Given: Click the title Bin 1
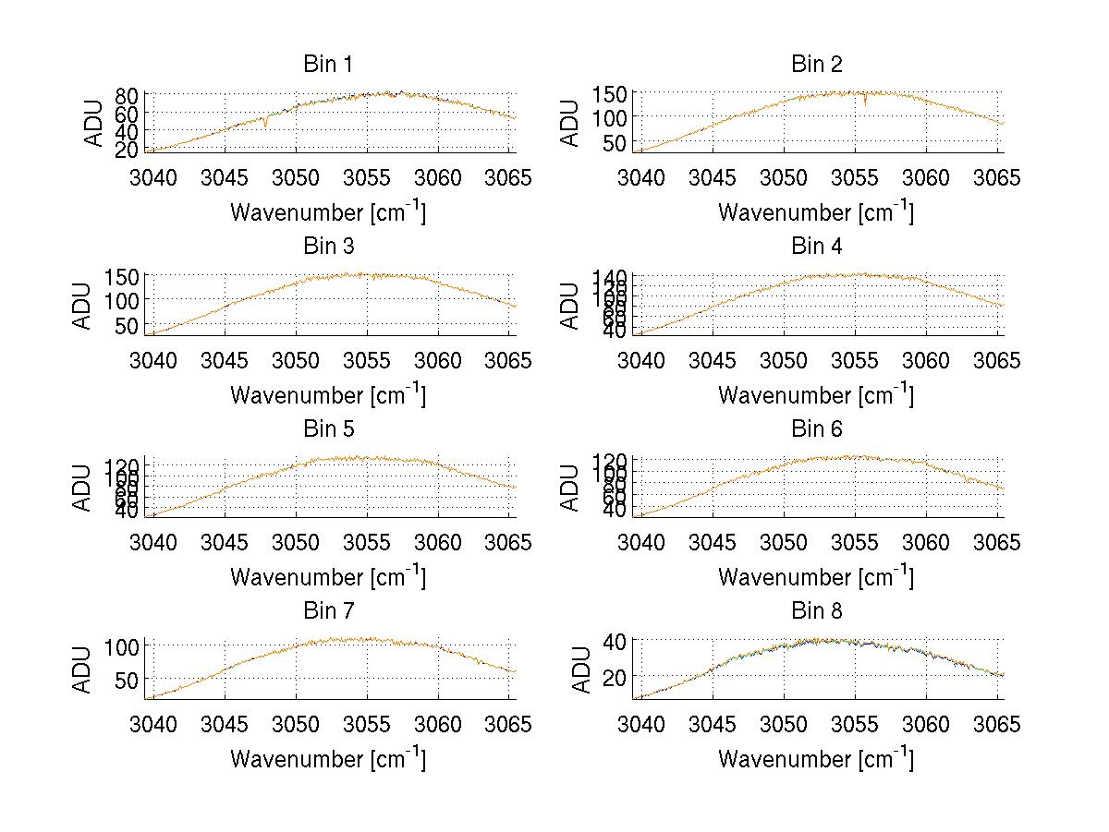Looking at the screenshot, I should [x=328, y=65].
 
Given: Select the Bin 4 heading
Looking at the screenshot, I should [x=817, y=247].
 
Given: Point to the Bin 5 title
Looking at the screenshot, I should [x=328, y=429].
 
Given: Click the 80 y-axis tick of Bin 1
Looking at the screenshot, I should [x=127, y=95].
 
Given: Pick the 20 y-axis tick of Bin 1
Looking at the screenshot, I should [x=127, y=149].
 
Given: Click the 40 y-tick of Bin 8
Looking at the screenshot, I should [x=615, y=641].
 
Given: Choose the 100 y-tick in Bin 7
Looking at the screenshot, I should [x=121, y=645].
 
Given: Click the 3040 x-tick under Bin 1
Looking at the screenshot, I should [x=153, y=177].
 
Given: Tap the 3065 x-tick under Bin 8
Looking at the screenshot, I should [x=998, y=725].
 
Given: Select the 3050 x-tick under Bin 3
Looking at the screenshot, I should [x=296, y=359].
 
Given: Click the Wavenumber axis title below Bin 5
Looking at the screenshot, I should [x=328, y=577].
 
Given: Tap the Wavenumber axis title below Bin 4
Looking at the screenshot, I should [x=817, y=395].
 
